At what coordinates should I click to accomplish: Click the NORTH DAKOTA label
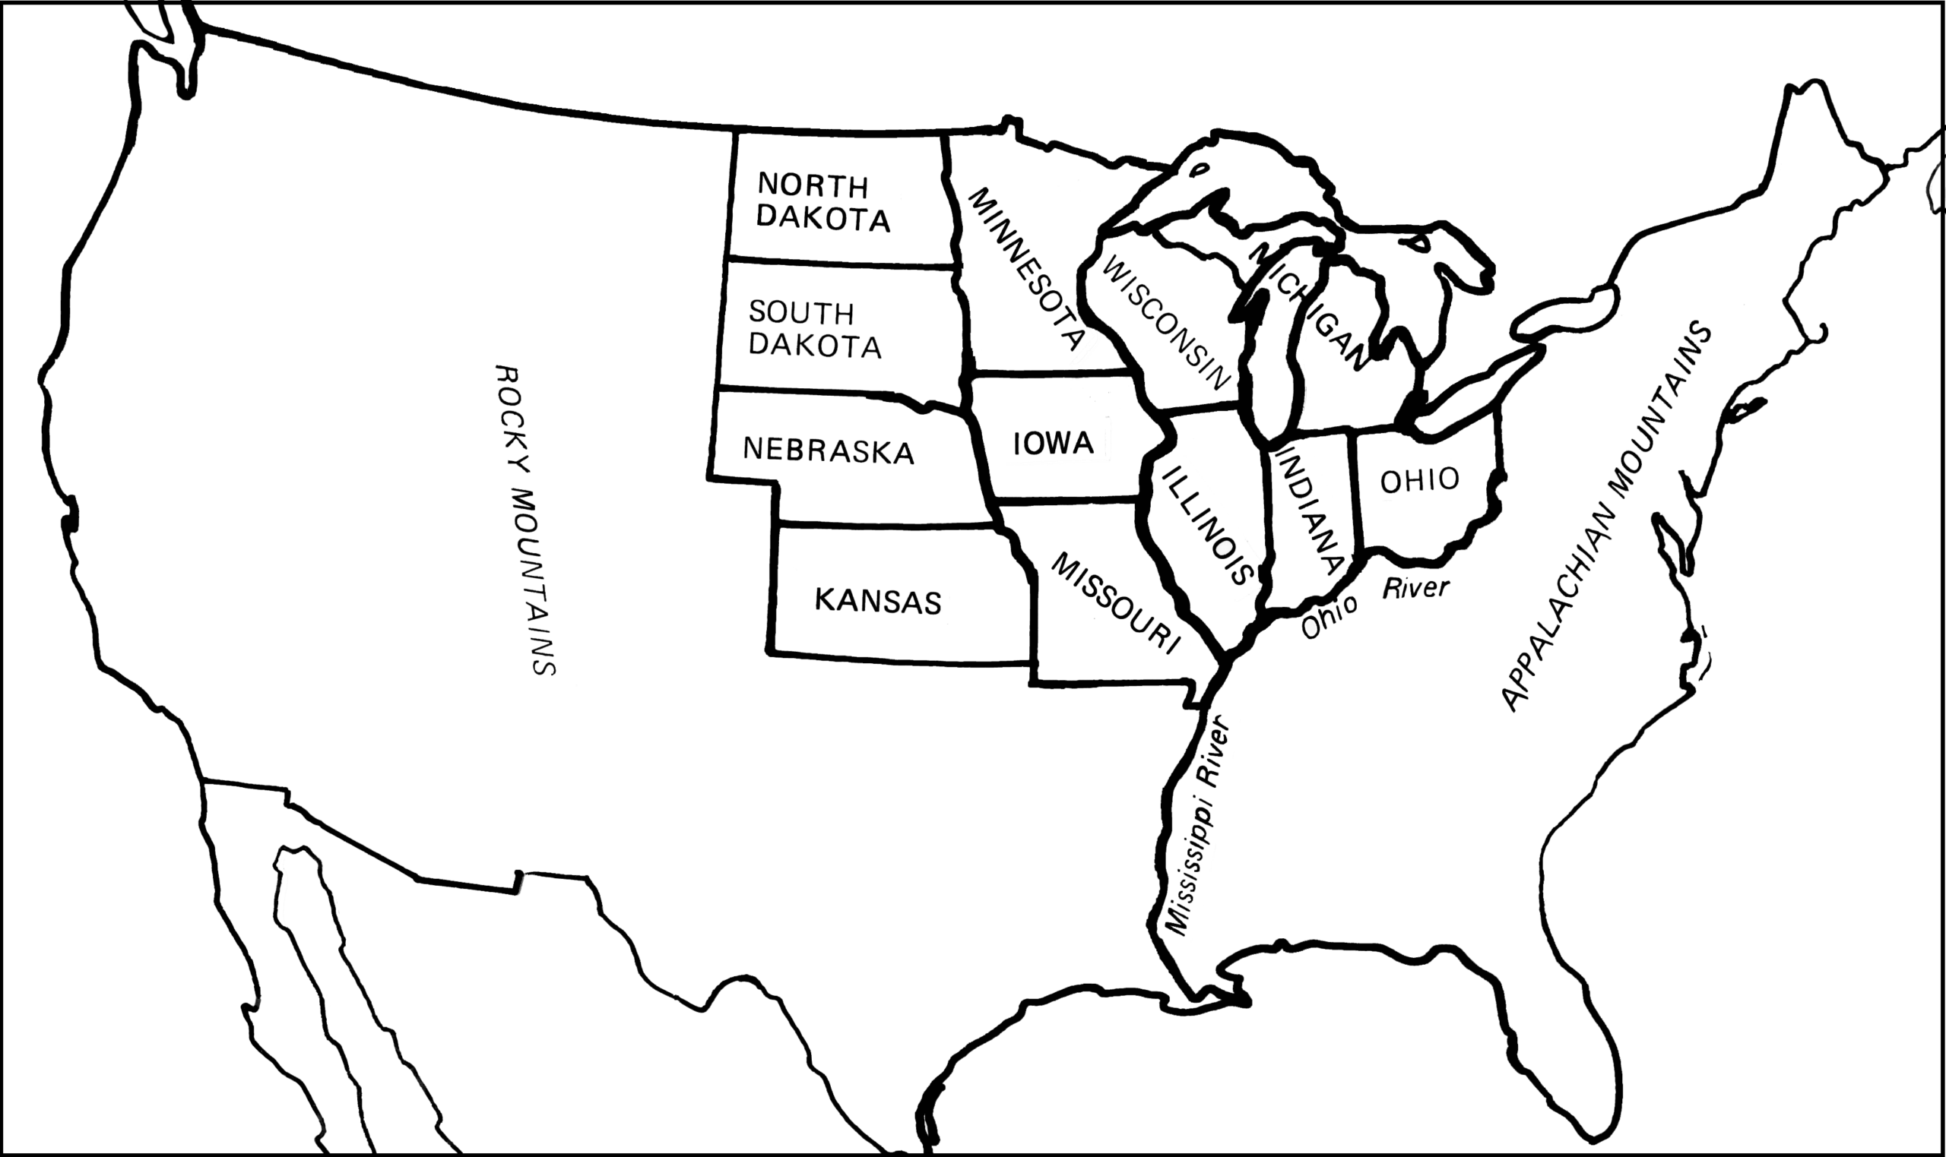822,203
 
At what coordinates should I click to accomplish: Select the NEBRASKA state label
829,450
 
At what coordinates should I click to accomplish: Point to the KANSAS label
878,601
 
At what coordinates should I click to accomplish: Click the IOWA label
1053,444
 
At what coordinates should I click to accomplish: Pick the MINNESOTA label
1025,268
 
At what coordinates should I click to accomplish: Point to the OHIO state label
1418,480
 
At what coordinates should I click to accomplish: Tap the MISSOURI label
1115,602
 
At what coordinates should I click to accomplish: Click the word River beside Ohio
1415,587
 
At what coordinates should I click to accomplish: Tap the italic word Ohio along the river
1328,616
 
